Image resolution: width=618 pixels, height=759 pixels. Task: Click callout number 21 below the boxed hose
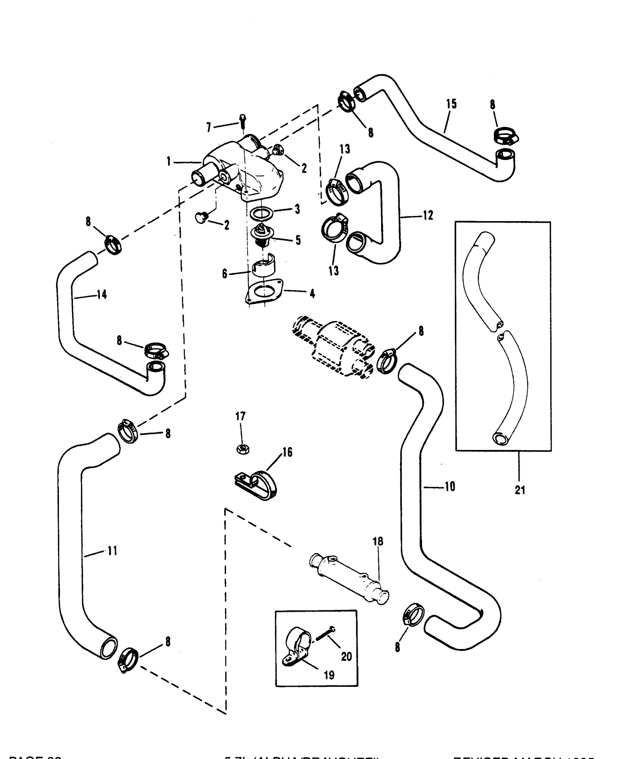tap(520, 490)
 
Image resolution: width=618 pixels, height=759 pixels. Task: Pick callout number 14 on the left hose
tap(102, 294)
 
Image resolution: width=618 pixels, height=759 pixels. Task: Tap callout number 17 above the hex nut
tap(241, 416)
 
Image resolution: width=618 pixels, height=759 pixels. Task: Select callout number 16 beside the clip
tap(287, 453)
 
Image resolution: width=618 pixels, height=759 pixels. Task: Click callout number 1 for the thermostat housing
tap(169, 162)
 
